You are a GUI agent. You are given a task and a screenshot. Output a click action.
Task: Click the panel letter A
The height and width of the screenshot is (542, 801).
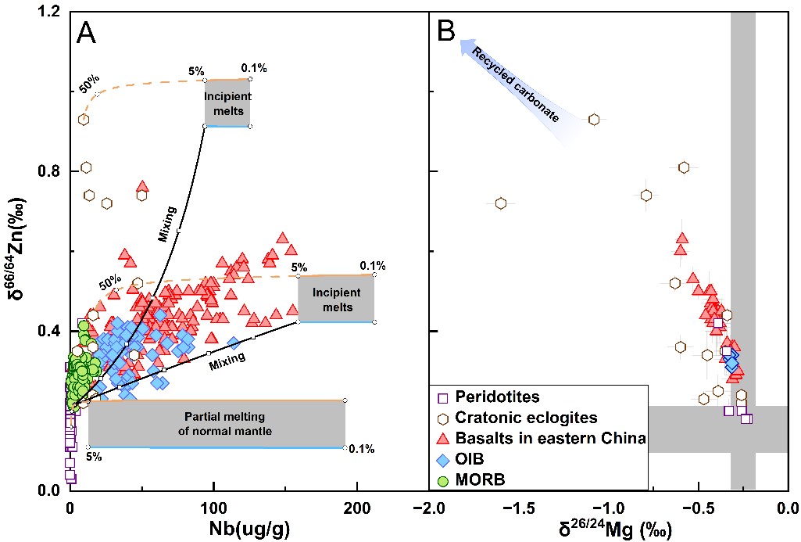pyautogui.click(x=86, y=34)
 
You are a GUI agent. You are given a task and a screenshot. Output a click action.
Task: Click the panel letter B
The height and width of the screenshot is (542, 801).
pyautogui.click(x=446, y=32)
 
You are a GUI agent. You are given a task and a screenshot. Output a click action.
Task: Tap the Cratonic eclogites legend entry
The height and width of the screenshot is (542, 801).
pyautogui.click(x=517, y=418)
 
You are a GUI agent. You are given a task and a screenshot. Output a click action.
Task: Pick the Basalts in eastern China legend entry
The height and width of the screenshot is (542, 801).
pyautogui.click(x=542, y=438)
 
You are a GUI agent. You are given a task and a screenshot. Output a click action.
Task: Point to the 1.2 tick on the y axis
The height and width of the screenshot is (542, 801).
pyautogui.click(x=49, y=11)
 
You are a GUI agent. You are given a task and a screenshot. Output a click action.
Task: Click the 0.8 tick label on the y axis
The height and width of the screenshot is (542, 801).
pyautogui.click(x=49, y=170)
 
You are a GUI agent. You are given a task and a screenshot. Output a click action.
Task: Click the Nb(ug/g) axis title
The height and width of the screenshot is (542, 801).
pyautogui.click(x=249, y=529)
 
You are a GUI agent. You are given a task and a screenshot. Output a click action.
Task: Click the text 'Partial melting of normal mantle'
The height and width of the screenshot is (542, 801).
pyautogui.click(x=225, y=424)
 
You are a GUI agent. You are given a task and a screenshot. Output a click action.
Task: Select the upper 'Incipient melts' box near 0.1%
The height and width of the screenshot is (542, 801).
pyautogui.click(x=228, y=103)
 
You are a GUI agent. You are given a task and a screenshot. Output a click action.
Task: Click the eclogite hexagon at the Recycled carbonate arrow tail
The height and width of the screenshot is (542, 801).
pyautogui.click(x=594, y=120)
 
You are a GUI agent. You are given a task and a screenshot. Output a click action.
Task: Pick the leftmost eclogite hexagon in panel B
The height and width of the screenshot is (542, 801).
pyautogui.click(x=501, y=203)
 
